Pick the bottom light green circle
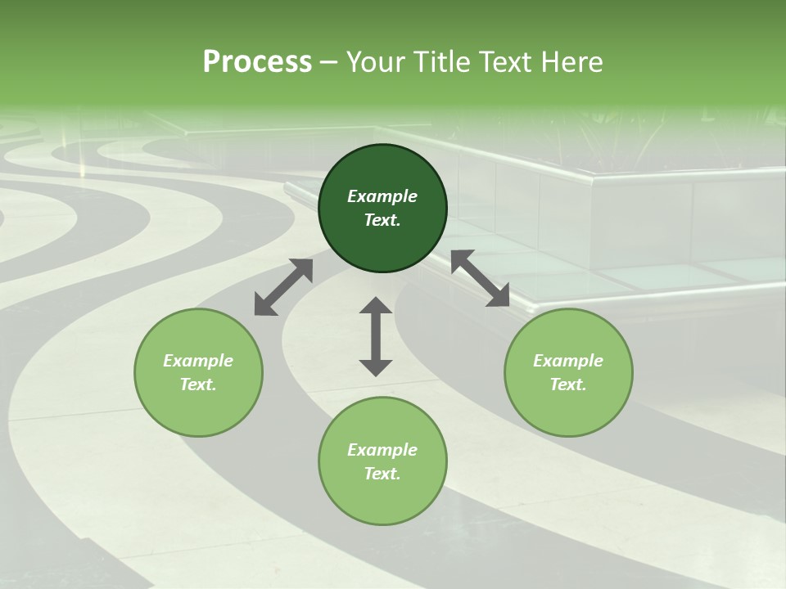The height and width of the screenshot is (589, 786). (382, 499)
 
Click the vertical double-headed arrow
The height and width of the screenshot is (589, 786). (376, 336)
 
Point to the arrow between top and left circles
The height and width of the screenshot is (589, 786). (283, 287)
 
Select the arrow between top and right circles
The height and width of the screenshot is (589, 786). (480, 278)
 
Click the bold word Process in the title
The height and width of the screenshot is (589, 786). (257, 61)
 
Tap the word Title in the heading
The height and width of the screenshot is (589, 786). (441, 61)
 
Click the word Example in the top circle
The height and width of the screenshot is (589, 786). (382, 196)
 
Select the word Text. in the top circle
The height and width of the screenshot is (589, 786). (382, 220)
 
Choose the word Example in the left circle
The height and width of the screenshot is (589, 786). (198, 361)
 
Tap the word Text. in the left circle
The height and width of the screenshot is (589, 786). (198, 384)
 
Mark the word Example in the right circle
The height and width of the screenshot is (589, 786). (568, 361)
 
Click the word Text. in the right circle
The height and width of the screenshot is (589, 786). (568, 384)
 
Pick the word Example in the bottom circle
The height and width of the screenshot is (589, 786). (382, 450)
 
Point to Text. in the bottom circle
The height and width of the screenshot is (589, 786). (382, 474)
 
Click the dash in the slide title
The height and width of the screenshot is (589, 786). (328, 62)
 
